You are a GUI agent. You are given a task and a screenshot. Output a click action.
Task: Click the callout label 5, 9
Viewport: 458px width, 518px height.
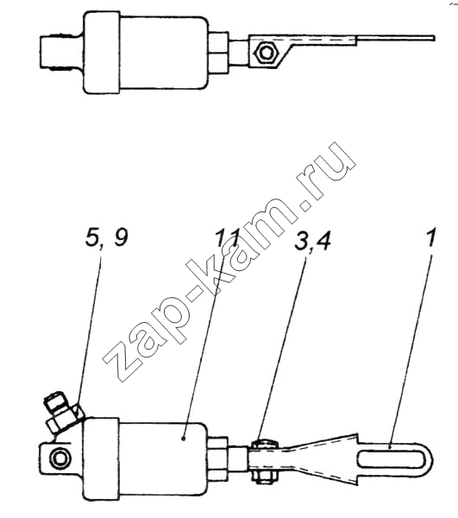click(106, 237)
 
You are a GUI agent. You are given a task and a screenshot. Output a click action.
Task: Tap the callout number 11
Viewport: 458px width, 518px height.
click(227, 238)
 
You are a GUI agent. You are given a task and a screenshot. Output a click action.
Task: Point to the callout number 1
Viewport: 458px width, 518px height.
click(430, 237)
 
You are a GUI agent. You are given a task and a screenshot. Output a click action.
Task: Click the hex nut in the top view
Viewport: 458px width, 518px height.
click(266, 52)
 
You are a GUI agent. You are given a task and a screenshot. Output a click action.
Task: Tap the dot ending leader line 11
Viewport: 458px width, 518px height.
click(183, 439)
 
